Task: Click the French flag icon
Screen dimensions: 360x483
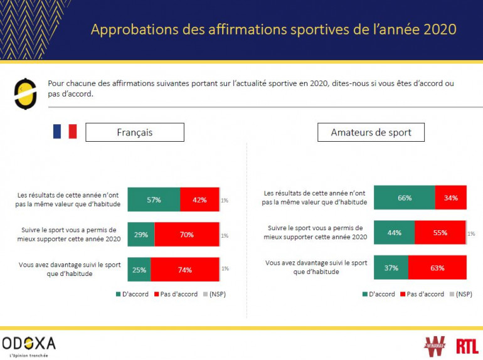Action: click(x=65, y=132)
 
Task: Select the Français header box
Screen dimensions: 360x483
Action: click(x=134, y=132)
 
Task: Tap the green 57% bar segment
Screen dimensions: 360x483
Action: click(x=154, y=199)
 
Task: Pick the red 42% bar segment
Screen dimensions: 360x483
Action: click(x=199, y=199)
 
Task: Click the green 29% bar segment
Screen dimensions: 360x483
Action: click(x=141, y=235)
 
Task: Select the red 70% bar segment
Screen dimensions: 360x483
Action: click(x=187, y=235)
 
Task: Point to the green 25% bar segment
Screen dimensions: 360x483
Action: click(x=139, y=270)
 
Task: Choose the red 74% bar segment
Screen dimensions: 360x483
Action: click(x=185, y=270)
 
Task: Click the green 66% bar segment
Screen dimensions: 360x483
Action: click(x=404, y=198)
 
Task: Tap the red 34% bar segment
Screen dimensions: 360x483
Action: click(x=450, y=198)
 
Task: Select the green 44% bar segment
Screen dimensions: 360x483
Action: click(x=394, y=233)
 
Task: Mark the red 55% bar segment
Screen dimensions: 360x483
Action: click(x=440, y=233)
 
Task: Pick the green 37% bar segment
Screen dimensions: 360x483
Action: click(x=391, y=268)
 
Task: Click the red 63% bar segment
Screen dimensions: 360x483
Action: click(x=437, y=268)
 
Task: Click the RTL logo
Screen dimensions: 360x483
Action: click(x=467, y=345)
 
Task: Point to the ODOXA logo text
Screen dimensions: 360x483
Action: click(x=29, y=343)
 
